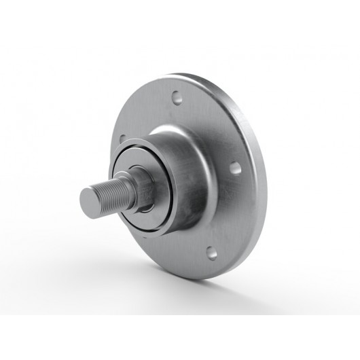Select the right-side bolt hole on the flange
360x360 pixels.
[x=234, y=166]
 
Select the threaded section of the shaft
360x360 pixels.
[x=109, y=193]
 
